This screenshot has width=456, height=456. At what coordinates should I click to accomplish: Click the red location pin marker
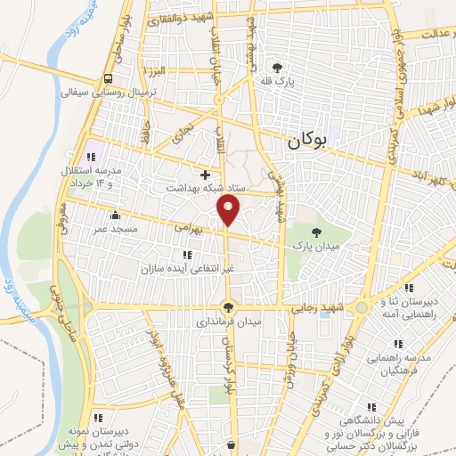229,209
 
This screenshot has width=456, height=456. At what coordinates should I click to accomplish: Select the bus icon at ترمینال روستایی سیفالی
108,78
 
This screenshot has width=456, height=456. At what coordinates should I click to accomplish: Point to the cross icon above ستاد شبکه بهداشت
206,174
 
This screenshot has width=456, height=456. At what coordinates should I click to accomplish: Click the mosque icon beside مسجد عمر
115,215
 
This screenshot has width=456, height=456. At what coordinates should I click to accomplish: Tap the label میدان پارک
310,240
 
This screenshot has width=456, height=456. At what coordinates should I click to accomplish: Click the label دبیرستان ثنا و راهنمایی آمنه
409,307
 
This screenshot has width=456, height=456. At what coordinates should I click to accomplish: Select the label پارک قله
277,82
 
